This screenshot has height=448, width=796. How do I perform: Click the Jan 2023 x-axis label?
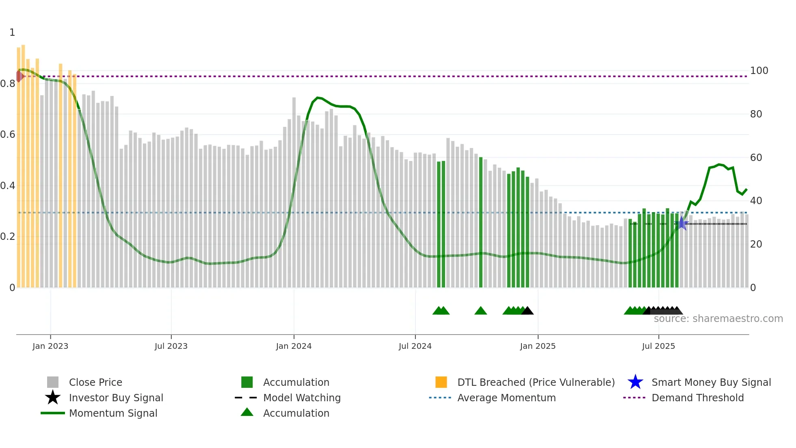[50, 346]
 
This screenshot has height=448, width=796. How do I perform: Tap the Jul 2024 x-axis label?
[415, 346]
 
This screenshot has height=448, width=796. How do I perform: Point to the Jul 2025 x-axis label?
[658, 346]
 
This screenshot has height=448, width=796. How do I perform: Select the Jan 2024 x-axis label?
[294, 346]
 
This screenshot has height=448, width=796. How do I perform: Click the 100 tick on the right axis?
[759, 71]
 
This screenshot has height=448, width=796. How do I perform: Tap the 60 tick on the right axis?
[756, 158]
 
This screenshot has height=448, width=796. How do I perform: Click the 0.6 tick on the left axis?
[8, 135]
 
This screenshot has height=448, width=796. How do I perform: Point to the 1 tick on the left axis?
[12, 33]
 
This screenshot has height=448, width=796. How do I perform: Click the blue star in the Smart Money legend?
[635, 382]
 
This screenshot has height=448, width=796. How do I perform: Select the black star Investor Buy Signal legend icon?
[53, 398]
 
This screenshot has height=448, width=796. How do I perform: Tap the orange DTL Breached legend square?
[441, 382]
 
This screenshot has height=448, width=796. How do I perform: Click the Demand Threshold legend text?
[697, 398]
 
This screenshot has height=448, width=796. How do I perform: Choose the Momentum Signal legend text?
[113, 413]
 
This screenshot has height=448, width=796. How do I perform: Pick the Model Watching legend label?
[302, 398]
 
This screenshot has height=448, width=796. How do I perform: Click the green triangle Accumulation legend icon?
[247, 412]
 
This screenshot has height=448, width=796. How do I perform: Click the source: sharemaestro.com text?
[718, 319]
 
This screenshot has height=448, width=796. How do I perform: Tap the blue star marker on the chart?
[682, 223]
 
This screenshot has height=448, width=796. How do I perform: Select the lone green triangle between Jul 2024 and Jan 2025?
[480, 311]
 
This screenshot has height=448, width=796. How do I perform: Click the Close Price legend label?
[95, 382]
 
